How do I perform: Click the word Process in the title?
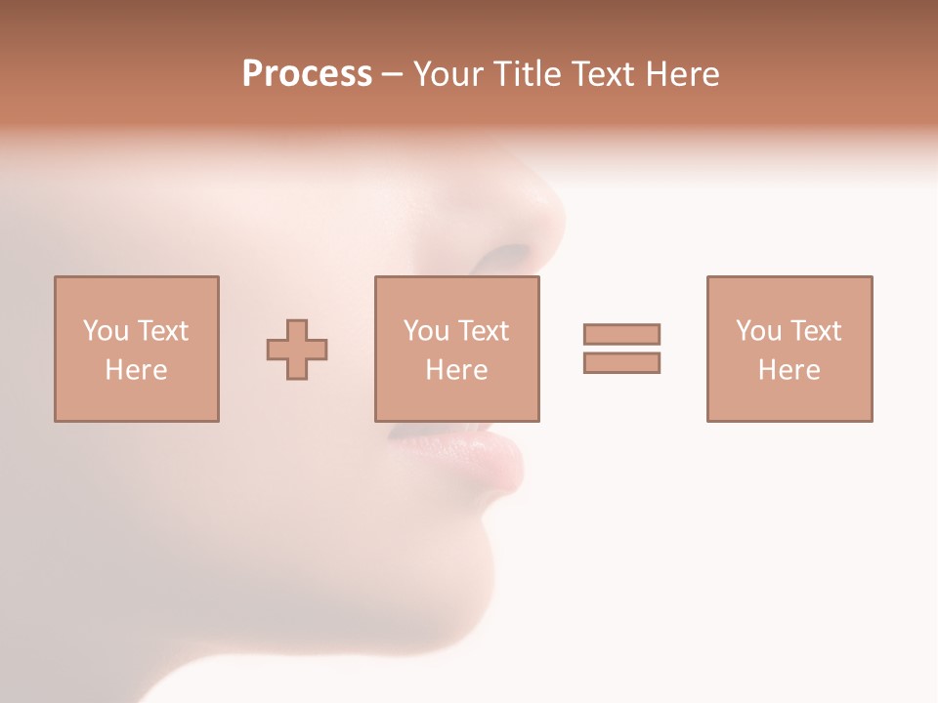point(307,74)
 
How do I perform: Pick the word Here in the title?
point(683,74)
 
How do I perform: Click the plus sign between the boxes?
point(297,350)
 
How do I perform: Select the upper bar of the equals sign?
point(621,334)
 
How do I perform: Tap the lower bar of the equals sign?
point(621,362)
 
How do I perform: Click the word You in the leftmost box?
point(106,331)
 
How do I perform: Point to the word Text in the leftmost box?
point(161,331)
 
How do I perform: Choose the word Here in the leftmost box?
point(136,370)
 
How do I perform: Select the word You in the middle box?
point(426,331)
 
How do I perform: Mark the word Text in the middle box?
point(482,331)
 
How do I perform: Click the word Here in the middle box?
point(456,370)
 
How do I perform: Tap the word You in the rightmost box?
point(758,331)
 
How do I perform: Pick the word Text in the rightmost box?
point(814,331)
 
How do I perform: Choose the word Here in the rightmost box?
point(789,370)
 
